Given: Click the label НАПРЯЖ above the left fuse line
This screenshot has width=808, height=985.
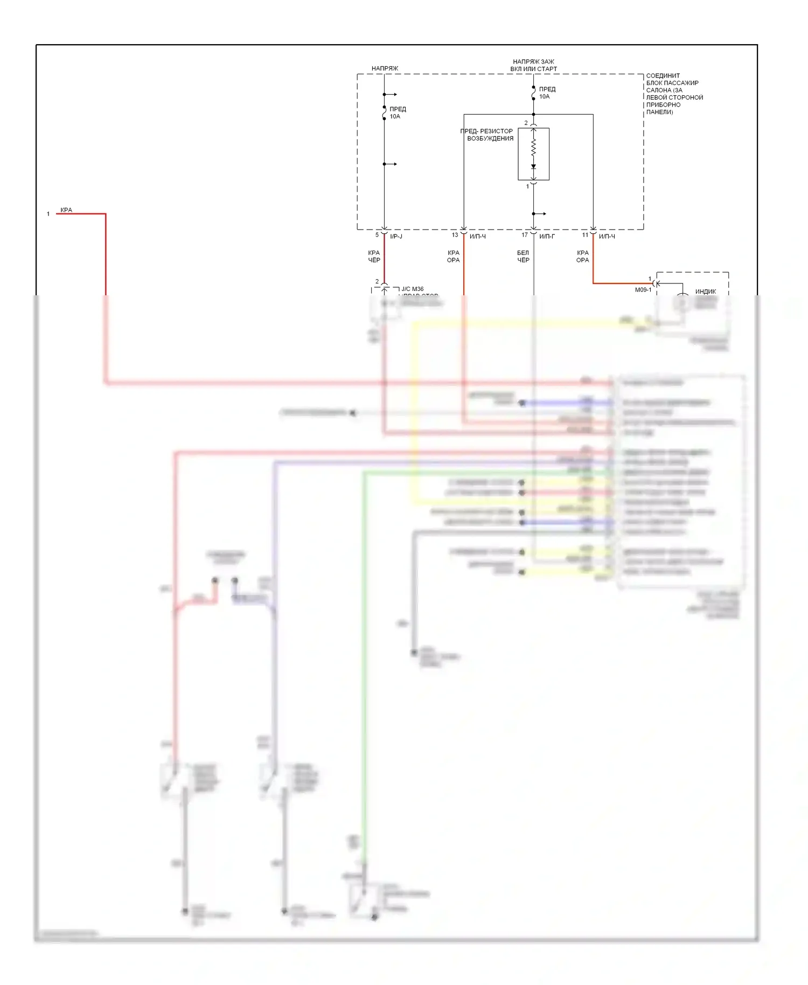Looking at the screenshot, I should (x=385, y=68).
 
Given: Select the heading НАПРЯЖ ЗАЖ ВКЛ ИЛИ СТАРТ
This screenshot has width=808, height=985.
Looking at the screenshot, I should (x=533, y=65).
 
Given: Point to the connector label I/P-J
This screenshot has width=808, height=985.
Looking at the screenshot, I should (x=396, y=237).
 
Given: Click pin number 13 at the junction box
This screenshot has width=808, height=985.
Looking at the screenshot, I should (x=455, y=235).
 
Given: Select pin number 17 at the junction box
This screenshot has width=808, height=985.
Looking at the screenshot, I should (x=524, y=235).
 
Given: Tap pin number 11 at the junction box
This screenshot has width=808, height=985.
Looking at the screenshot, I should (x=585, y=235).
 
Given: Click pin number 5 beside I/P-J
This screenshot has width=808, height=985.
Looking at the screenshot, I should (x=377, y=235).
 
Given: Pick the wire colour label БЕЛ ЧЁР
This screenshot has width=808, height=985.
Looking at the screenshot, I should (x=523, y=256).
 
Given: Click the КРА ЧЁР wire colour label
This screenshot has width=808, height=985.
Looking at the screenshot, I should (x=374, y=256).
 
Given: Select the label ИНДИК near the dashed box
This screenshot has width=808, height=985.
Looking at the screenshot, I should (x=705, y=292).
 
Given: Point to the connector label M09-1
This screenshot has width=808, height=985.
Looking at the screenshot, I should (x=643, y=290).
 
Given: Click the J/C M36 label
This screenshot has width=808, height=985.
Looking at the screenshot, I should (x=413, y=289).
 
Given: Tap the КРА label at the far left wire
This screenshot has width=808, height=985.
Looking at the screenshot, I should (x=66, y=210).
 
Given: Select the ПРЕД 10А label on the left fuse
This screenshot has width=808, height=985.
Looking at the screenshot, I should (x=398, y=113).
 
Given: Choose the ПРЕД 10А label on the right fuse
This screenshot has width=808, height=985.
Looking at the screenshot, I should (x=547, y=93).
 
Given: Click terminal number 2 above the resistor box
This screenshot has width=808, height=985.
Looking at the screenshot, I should (x=526, y=123).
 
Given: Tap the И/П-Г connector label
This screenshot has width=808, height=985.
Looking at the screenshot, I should (x=547, y=237).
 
